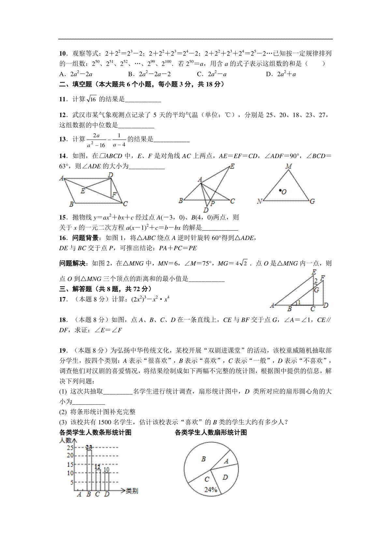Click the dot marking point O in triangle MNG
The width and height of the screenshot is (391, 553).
(x=280, y=190)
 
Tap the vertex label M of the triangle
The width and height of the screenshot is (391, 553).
(x=289, y=166)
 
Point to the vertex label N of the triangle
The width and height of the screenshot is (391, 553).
(x=259, y=202)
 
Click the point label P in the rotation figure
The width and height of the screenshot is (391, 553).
(x=212, y=204)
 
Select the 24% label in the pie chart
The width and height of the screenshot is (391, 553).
(x=211, y=489)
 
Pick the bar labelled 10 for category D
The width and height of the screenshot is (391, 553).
(x=107, y=481)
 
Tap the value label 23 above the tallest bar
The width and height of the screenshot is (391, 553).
(x=89, y=447)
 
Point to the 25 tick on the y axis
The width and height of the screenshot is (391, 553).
(x=70, y=448)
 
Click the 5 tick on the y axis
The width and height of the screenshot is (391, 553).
(x=72, y=482)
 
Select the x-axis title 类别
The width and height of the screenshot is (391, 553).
(x=132, y=491)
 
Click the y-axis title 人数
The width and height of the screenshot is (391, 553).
(x=65, y=440)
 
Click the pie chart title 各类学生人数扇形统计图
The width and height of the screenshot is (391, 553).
(x=211, y=432)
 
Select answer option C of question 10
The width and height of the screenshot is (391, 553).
(x=212, y=74)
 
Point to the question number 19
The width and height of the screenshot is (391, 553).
(x=63, y=350)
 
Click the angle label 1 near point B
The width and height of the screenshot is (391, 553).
(x=299, y=303)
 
